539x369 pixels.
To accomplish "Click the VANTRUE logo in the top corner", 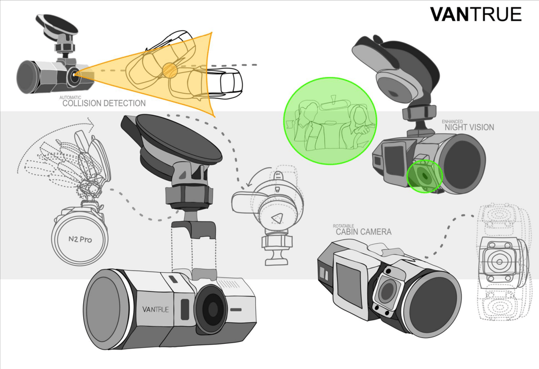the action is click(x=476, y=14).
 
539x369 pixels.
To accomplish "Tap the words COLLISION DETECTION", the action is click(x=104, y=103).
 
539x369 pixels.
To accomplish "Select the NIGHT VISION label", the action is click(x=469, y=127).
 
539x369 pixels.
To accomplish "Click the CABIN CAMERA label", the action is click(x=363, y=232).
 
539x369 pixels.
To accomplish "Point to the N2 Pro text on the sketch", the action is click(x=80, y=238).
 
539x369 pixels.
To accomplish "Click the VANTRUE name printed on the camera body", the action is click(x=155, y=309).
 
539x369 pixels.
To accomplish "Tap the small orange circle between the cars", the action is click(x=169, y=70).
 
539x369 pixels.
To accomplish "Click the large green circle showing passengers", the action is click(x=330, y=121).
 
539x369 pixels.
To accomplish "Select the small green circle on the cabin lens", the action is click(x=425, y=176).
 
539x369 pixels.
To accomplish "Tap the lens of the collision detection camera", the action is click(x=74, y=74).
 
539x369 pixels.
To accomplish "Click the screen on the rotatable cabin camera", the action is click(x=348, y=284).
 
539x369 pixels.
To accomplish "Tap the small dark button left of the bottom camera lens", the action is click(x=185, y=309).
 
